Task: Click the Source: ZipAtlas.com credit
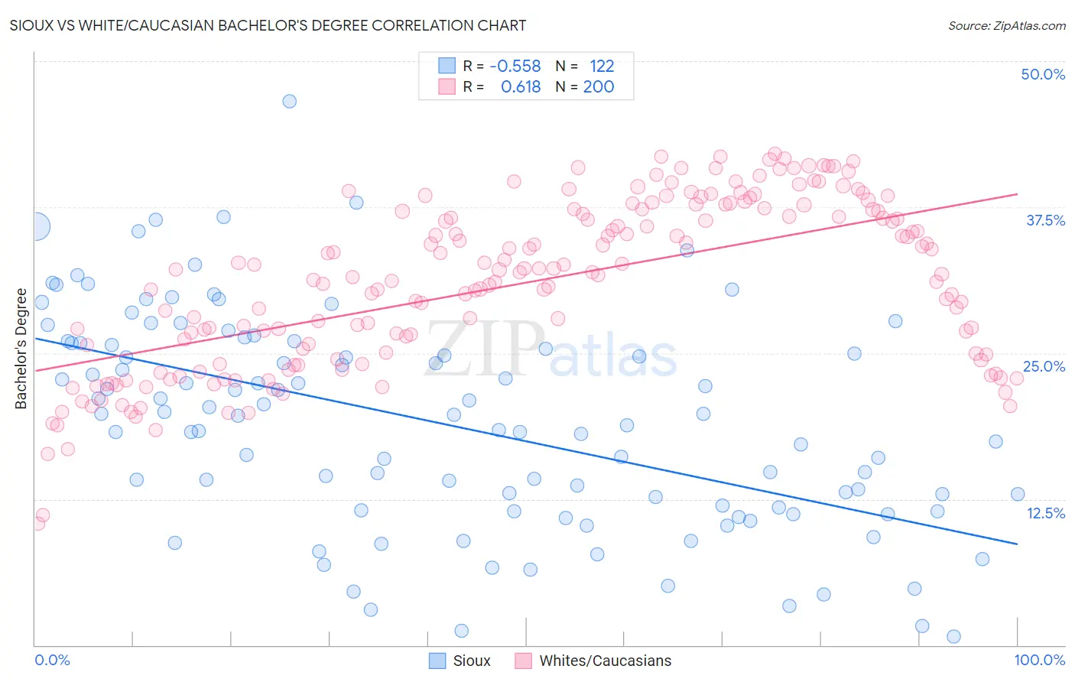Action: tap(1006, 26)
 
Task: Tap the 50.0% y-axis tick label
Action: tap(1043, 74)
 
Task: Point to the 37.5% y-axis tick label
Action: tap(1045, 220)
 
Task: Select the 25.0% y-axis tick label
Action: tap(1044, 366)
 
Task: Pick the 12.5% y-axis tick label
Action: tap(1045, 513)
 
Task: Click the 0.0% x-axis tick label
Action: tap(52, 660)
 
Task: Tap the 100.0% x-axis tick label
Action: tap(1039, 660)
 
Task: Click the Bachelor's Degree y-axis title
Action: tap(21, 349)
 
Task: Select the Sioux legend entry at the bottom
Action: tap(460, 661)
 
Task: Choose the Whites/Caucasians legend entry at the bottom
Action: tap(593, 661)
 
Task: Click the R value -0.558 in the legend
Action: tap(515, 67)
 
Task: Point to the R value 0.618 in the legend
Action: tap(521, 87)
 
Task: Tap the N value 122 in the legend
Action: tap(602, 67)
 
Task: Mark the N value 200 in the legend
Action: tap(599, 87)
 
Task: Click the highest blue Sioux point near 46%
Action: tap(289, 101)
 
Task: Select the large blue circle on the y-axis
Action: tap(36, 226)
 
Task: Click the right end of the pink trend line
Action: tap(1017, 194)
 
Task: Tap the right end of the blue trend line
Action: tap(1017, 544)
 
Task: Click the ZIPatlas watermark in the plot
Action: tap(550, 351)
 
